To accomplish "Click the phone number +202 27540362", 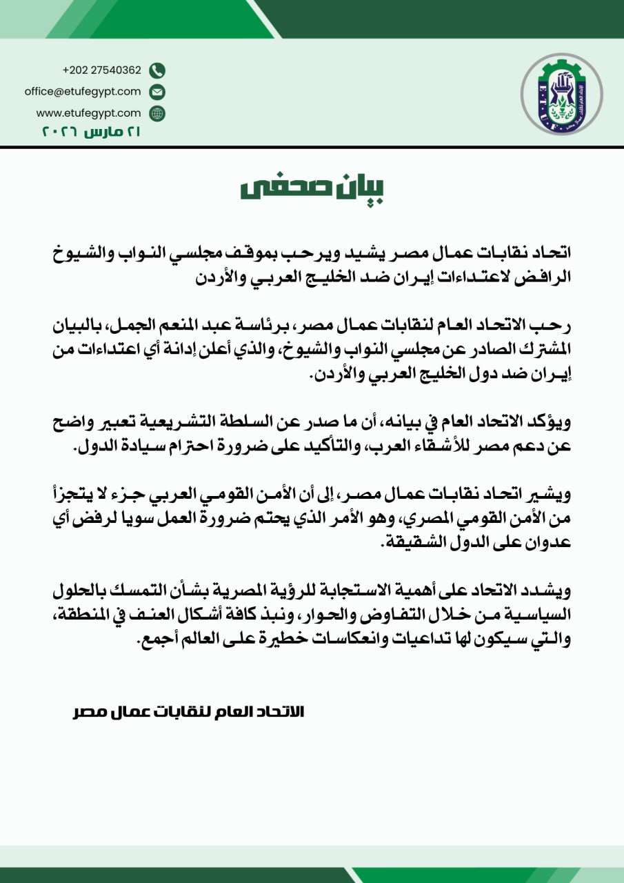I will coord(101,70).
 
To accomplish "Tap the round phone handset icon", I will coord(157,70).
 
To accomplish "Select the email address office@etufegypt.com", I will coord(83,91).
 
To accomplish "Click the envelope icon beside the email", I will coord(157,91).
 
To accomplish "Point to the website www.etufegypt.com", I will coord(88,112).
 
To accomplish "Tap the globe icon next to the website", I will coord(157,112).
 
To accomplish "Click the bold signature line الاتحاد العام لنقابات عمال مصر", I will coord(188,711).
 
